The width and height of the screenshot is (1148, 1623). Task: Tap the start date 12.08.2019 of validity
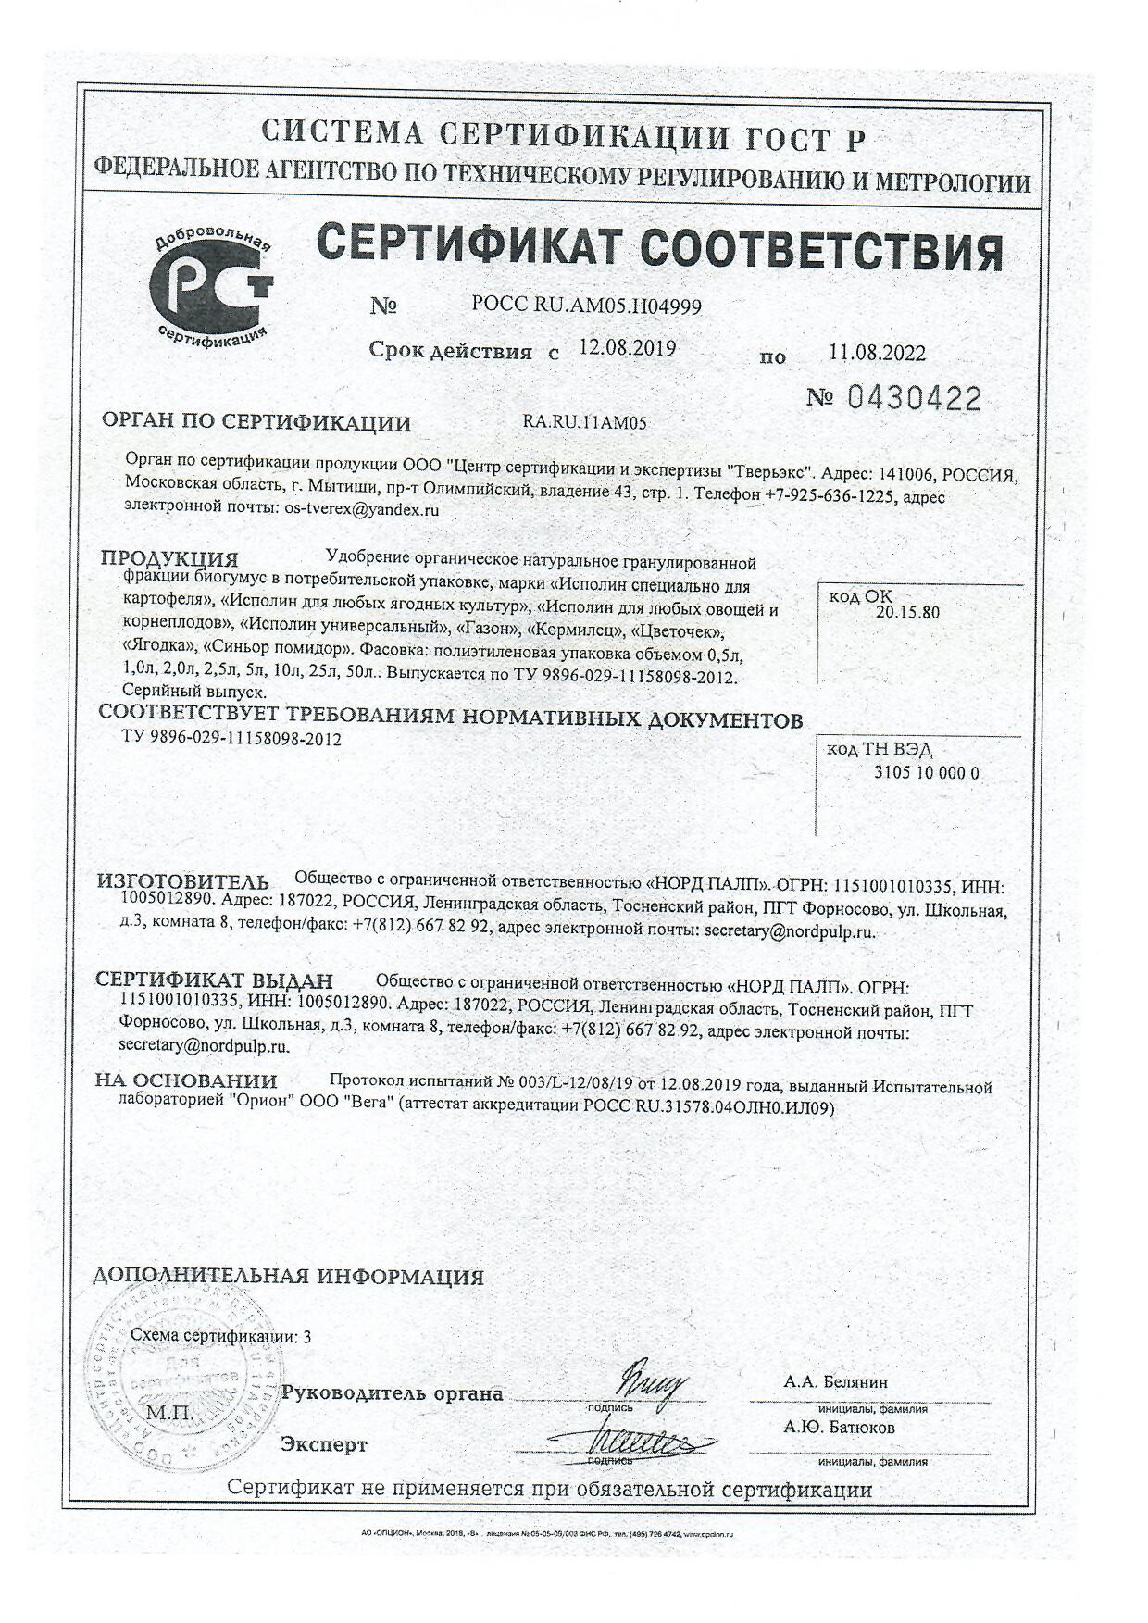627,348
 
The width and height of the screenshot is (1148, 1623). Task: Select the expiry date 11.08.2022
877,353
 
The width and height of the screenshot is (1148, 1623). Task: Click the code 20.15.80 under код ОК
906,612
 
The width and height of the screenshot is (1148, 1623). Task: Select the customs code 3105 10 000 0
926,772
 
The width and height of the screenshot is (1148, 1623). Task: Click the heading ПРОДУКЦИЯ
169,558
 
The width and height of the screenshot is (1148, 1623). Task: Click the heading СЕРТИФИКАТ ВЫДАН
215,980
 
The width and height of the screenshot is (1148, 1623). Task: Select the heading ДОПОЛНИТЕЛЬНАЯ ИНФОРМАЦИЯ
289,1277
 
